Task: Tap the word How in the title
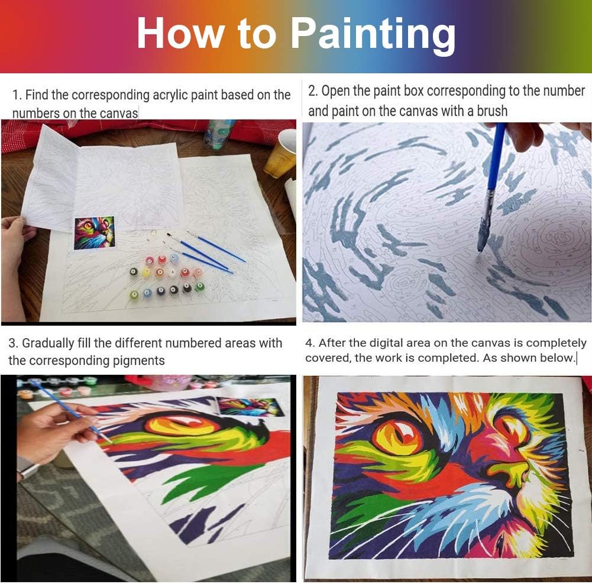pyautogui.click(x=180, y=33)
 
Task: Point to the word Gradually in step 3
pyautogui.click(x=48, y=343)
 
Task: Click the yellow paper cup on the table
pyautogui.click(x=280, y=154)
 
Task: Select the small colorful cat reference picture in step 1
pyautogui.click(x=95, y=233)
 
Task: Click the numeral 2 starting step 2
pyautogui.click(x=312, y=90)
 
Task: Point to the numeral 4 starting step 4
pyautogui.click(x=309, y=343)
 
